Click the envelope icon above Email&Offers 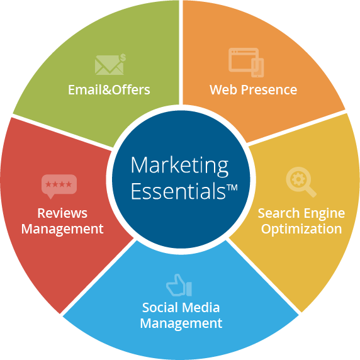(x=110, y=65)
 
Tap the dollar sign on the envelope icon (x=123, y=58)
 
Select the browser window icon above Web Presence (x=246, y=62)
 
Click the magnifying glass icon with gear (x=301, y=182)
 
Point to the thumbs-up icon (x=179, y=285)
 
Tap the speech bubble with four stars (x=59, y=186)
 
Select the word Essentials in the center (x=178, y=191)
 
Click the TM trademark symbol (x=232, y=188)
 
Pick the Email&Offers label (x=109, y=89)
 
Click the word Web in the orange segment (x=223, y=89)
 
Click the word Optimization (x=301, y=229)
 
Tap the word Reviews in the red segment (x=62, y=213)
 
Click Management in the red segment (x=62, y=229)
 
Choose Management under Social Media (x=181, y=323)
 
